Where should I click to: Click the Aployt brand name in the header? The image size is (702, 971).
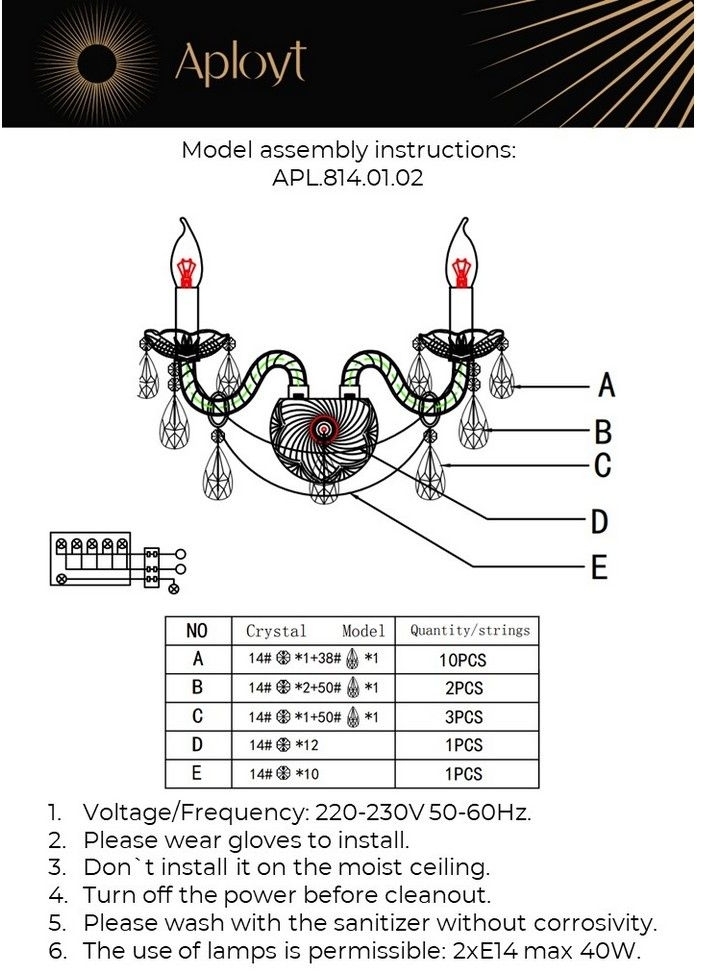[240, 63]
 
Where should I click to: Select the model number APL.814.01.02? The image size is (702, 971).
[348, 180]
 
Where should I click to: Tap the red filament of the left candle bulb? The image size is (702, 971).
[184, 270]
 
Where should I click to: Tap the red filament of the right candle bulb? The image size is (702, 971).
[460, 270]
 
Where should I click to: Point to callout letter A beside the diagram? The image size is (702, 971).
[605, 384]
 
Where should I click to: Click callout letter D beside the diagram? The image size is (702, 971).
[599, 521]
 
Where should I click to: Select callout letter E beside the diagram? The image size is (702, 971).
[598, 568]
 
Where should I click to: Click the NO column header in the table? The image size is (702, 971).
[197, 631]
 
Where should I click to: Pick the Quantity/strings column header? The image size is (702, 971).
[469, 630]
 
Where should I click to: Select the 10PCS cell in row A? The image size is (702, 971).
[461, 660]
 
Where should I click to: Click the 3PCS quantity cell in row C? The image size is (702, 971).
[461, 717]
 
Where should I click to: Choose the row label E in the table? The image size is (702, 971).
[197, 773]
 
